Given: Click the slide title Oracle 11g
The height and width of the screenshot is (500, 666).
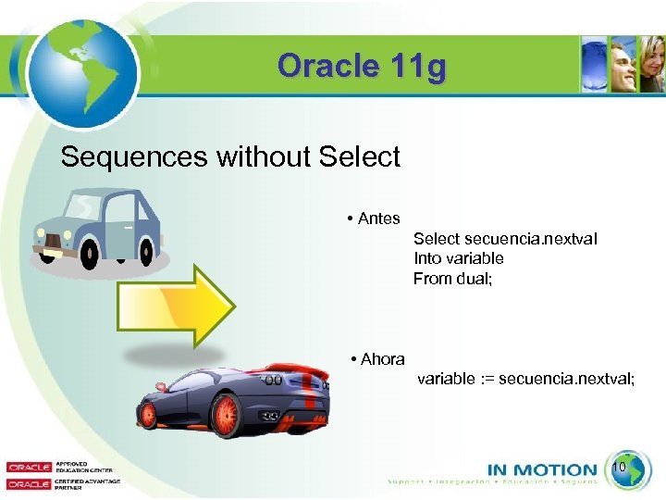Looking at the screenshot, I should pyautogui.click(x=361, y=67).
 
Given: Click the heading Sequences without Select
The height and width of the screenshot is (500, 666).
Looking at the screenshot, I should pyautogui.click(x=230, y=156).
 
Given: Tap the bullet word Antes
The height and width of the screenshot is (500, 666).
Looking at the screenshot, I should pyautogui.click(x=378, y=219).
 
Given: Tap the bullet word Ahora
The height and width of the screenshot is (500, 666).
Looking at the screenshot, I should pyautogui.click(x=382, y=359).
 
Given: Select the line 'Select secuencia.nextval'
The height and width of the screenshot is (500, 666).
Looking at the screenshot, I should pyautogui.click(x=505, y=239).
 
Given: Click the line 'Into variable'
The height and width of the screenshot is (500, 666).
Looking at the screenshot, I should pyautogui.click(x=458, y=258).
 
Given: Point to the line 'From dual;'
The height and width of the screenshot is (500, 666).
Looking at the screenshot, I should pyautogui.click(x=452, y=278).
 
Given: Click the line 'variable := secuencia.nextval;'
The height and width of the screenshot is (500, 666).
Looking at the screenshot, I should pyautogui.click(x=525, y=379).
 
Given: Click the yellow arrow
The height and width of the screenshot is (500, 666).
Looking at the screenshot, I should pyautogui.click(x=176, y=306).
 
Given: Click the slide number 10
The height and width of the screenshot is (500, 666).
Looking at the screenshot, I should pyautogui.click(x=620, y=468).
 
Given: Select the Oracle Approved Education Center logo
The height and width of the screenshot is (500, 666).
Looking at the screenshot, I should pyautogui.click(x=46, y=468).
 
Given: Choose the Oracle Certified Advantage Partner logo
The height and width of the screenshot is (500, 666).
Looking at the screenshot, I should pyautogui.click(x=46, y=483).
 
